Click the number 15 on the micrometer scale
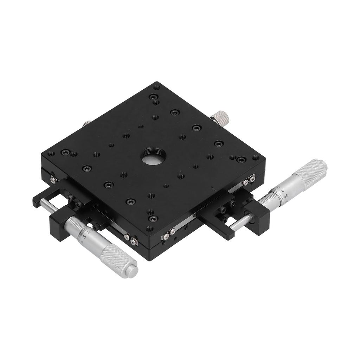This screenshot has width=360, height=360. (x=88, y=232)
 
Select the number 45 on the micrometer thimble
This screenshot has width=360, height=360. (x=286, y=196)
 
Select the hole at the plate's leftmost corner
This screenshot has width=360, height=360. (x=51, y=154)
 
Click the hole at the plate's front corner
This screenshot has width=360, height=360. (x=150, y=229)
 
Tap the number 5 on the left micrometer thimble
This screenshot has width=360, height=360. (x=82, y=242)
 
